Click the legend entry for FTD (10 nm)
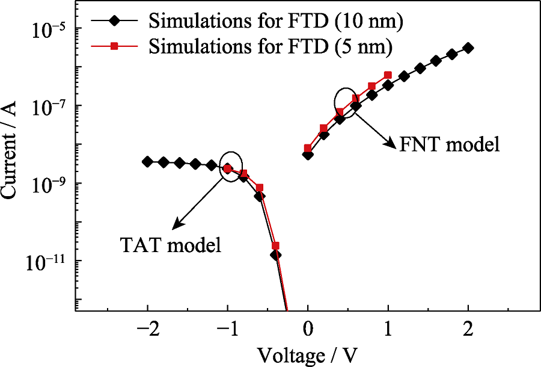pyautogui.click(x=275, y=21)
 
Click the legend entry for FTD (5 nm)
pyautogui.click(x=271, y=45)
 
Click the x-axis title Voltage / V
pyautogui.click(x=308, y=355)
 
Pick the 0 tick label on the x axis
pyautogui.click(x=308, y=330)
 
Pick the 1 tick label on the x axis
pyautogui.click(x=388, y=330)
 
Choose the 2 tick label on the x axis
pyautogui.click(x=468, y=330)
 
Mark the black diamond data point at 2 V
pyautogui.click(x=468, y=48)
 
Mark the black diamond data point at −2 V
pyautogui.click(x=147, y=161)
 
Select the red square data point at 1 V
pyautogui.click(x=388, y=75)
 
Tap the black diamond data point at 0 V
pyautogui.click(x=308, y=155)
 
